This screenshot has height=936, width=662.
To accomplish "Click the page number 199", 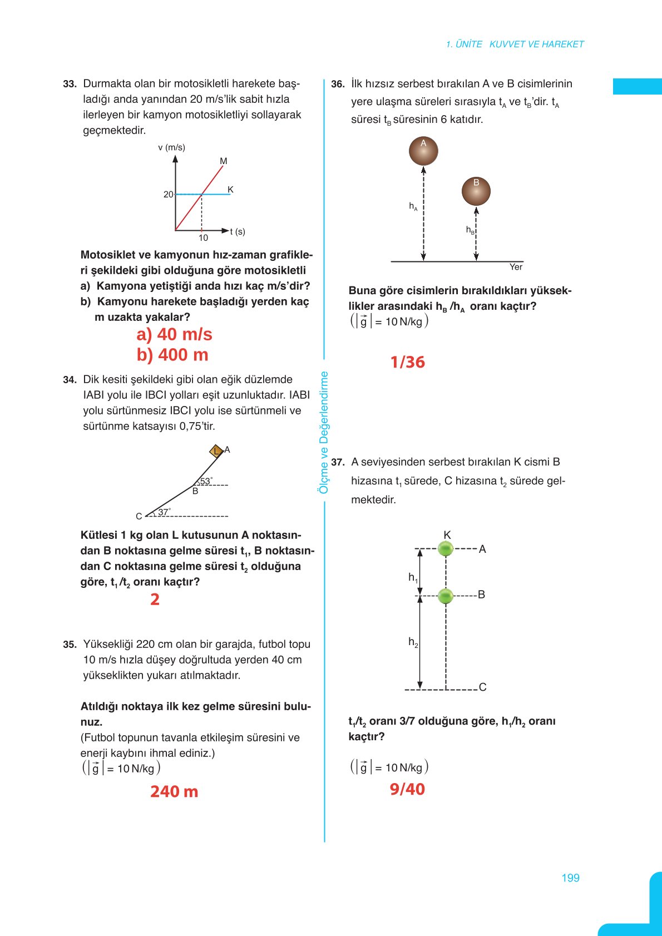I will tap(570, 878).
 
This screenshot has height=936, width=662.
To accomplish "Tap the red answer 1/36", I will tap(407, 362).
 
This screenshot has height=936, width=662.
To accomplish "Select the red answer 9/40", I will tap(407, 789).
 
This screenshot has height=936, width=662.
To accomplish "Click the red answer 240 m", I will tap(174, 791).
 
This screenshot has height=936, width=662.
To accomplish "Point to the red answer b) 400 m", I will tap(172, 355).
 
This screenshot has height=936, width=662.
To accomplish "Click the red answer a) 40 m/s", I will tap(174, 334).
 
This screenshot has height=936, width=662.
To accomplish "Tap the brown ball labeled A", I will tap(423, 151).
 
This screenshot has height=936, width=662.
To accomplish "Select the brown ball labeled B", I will tap(476, 191).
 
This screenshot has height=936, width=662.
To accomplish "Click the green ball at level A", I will tap(446, 549).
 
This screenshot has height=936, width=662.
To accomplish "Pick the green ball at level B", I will tap(446, 596).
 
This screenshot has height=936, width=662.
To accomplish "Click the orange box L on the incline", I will tap(216, 451).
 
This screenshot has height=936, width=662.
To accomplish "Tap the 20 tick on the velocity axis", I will tap(168, 195).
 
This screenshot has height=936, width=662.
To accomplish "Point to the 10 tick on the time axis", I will tap(203, 238).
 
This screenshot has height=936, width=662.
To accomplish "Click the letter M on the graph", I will tap(224, 161).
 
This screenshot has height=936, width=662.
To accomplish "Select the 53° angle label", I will tap(206, 481).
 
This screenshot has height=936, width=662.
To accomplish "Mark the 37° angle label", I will tap(164, 512).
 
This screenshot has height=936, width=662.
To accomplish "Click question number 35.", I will tap(69, 645).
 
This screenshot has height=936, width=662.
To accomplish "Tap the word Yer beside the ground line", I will tap(516, 267).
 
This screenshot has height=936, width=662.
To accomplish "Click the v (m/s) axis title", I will tap(171, 147).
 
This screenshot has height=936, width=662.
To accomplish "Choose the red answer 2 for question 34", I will tap(155, 600).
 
